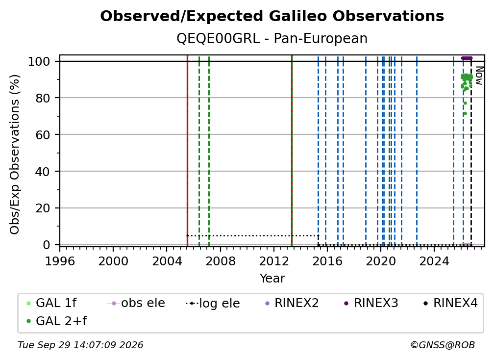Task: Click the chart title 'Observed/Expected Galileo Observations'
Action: coord(272,16)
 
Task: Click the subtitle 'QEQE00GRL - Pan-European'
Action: coord(272,38)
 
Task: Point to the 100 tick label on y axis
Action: coord(39,61)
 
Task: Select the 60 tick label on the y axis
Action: coord(43,134)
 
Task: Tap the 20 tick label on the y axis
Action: coord(43,208)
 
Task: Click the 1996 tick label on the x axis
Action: coord(60,261)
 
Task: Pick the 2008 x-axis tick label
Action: coord(220,261)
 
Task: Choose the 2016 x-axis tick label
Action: coord(327,261)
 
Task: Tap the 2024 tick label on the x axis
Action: coord(434,261)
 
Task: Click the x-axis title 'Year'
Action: coord(272,279)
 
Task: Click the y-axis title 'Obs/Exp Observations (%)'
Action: coord(15,154)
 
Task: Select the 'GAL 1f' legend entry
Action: coord(51,303)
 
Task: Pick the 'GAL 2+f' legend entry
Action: coord(57,321)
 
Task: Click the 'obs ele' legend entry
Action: coord(136,303)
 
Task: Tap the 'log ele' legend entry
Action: coord(213,304)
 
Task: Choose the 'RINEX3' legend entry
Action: coord(371,303)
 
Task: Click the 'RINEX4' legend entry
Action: coord(450,303)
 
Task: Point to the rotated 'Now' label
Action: coord(479,76)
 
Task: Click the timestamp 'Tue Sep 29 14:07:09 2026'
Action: coord(80,345)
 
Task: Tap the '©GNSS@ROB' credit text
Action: coord(443,345)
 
